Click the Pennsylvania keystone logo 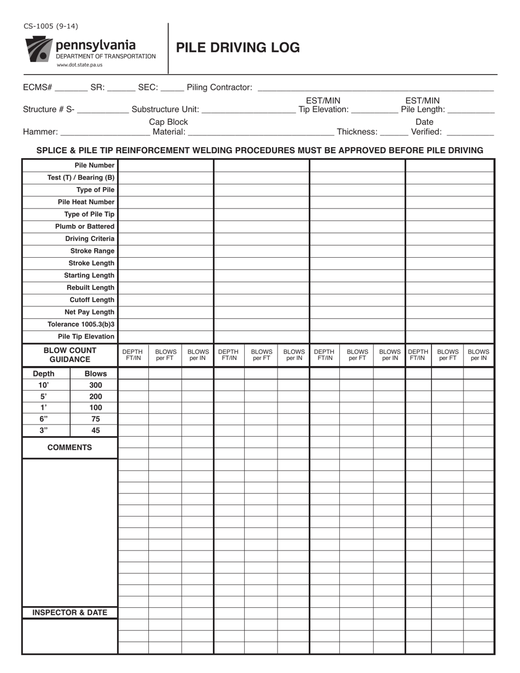point(38,50)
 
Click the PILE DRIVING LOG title point(238,48)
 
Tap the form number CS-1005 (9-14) point(50,26)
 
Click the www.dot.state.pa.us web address point(79,65)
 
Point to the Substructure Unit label point(165,109)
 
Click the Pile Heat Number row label point(86,202)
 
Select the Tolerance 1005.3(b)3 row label point(81,324)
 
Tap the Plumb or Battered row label point(84,227)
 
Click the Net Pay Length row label point(89,312)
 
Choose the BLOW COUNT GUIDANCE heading point(70,355)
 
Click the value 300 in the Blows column point(95,385)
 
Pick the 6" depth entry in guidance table point(44,419)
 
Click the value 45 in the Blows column point(95,431)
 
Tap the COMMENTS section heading point(70,448)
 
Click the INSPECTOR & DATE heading point(70,613)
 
